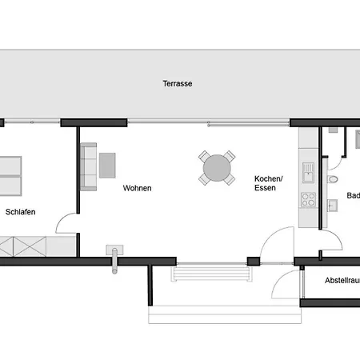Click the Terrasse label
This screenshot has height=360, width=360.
click(x=177, y=83)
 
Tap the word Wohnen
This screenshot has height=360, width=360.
click(x=137, y=189)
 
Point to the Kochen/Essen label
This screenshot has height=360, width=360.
click(x=266, y=184)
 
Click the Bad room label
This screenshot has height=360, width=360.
click(x=352, y=195)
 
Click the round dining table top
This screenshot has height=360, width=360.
click(x=217, y=169)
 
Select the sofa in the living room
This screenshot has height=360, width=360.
click(x=88, y=166)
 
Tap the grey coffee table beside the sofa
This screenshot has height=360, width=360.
click(x=107, y=165)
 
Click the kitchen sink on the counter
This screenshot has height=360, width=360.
click(x=307, y=170)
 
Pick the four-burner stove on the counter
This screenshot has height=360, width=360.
click(x=306, y=197)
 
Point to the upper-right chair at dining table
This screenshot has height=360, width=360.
click(x=230, y=155)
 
